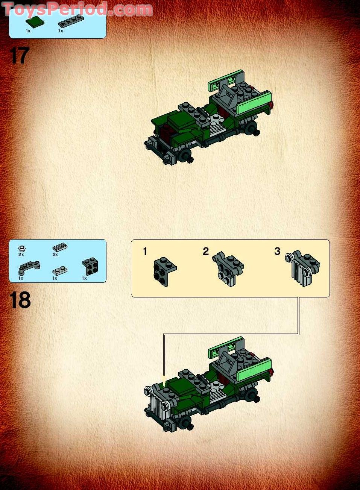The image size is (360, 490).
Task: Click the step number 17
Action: (19, 56)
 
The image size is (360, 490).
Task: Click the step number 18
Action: (20, 300)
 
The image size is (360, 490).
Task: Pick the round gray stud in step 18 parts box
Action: (22, 248)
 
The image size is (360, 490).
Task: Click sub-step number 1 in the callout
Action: (145, 252)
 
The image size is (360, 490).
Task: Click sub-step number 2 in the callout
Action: (205, 252)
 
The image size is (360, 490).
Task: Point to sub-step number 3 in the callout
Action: (277, 252)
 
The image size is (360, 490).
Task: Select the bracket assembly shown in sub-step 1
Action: (165, 269)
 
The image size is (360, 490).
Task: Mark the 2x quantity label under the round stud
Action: (21, 255)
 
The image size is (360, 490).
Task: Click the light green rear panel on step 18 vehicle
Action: (254, 369)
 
